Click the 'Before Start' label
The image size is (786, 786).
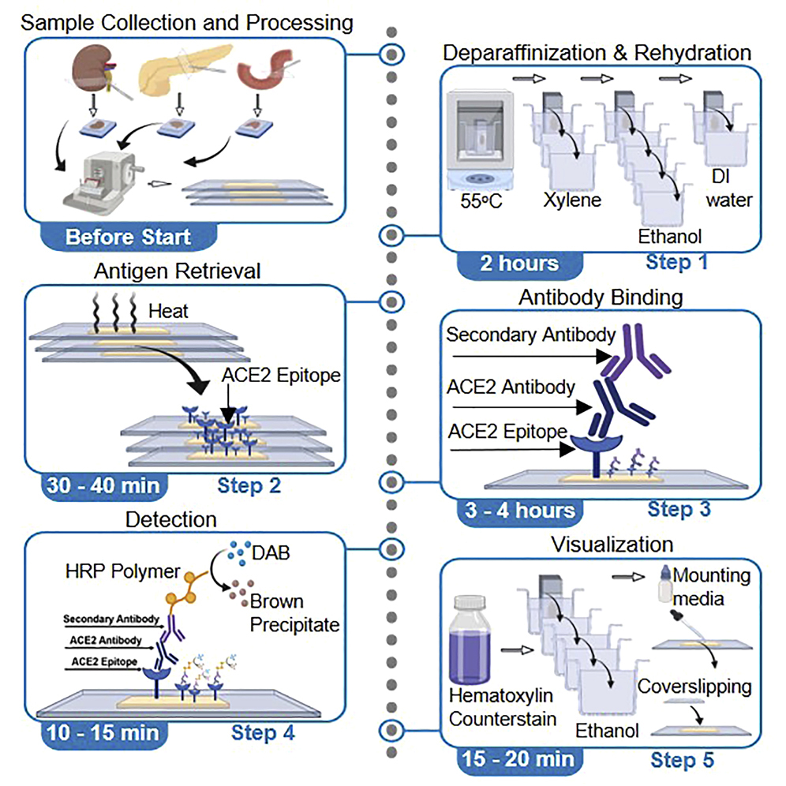click(128, 236)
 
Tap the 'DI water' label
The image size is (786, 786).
click(730, 190)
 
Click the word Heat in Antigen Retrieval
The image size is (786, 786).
click(169, 311)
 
